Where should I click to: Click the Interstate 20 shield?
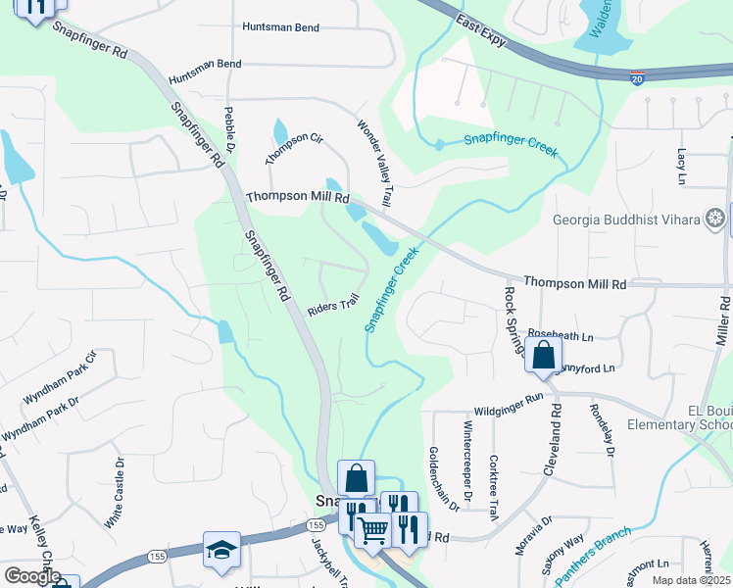637,78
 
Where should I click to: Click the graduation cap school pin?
221,550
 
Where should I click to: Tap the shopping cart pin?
372,530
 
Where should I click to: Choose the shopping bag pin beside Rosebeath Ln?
543,355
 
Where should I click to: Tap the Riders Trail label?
336,306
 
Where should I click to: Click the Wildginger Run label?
508,400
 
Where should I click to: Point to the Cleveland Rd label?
556,438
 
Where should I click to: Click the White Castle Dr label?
119,494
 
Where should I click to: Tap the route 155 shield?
156,556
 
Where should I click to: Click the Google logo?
31,575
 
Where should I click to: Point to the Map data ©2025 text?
692,580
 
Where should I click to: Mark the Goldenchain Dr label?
442,478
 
